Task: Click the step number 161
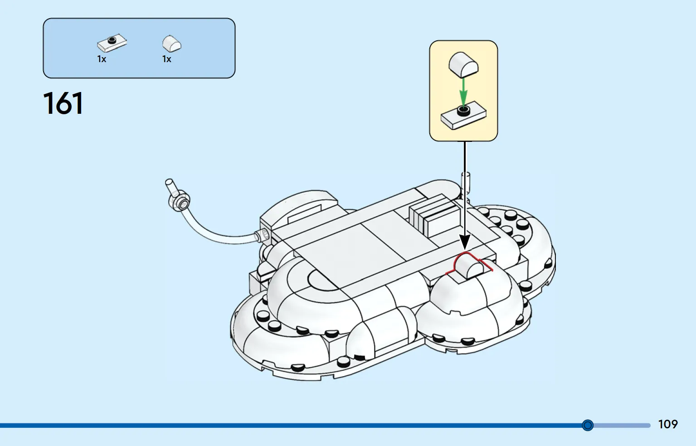click(x=63, y=103)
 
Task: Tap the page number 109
click(x=668, y=424)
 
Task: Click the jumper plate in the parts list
click(x=112, y=43)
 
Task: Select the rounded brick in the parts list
click(x=172, y=44)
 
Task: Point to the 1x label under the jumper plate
click(x=102, y=59)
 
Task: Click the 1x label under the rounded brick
click(x=166, y=59)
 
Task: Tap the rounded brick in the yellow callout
click(x=463, y=65)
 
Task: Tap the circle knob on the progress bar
click(x=588, y=425)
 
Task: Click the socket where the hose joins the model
click(x=263, y=235)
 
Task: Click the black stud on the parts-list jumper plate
click(x=112, y=40)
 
